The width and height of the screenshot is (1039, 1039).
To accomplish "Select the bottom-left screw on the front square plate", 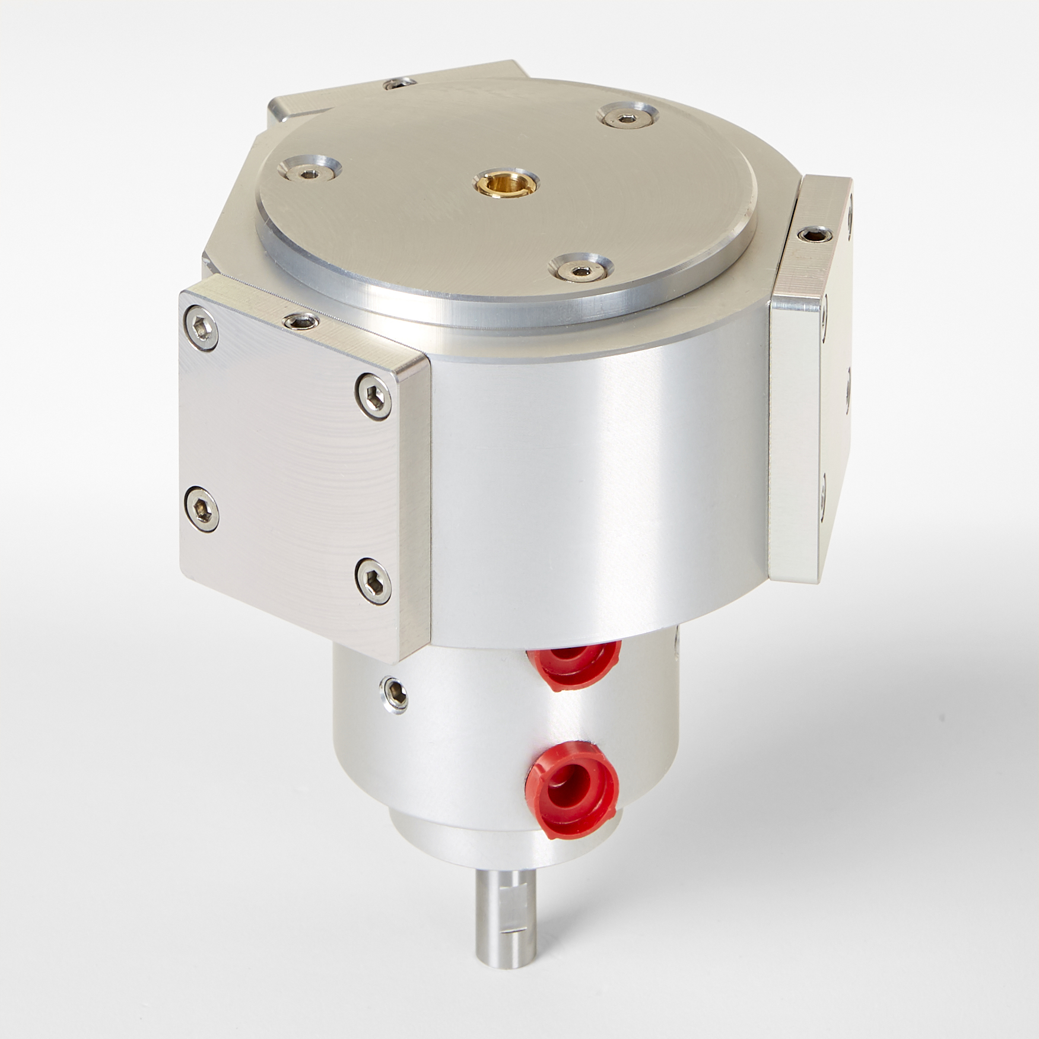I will point(201,508).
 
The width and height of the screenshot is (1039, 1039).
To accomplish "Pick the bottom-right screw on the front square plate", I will point(374,580).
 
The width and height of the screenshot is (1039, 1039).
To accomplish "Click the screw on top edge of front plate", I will point(301,322).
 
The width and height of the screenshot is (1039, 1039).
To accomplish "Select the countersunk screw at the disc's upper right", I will point(625,117).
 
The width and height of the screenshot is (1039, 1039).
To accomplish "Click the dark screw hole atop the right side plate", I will point(812,235).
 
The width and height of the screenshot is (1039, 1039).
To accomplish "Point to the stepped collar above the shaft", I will point(475,843).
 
